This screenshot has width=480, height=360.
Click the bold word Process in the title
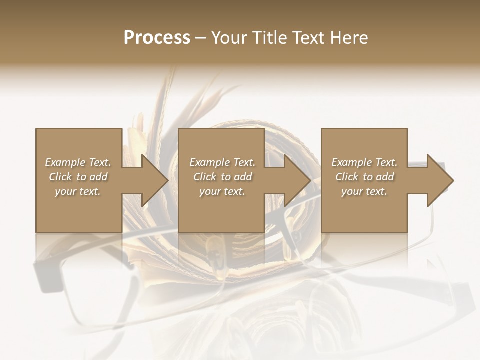coord(157,38)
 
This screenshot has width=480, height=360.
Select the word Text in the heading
coord(308,38)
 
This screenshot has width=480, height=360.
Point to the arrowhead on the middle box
coord(297,180)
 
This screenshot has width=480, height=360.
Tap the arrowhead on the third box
coord(439,180)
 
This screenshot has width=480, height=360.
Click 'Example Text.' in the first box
coord(78,162)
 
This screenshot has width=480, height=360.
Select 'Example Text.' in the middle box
coord(222,162)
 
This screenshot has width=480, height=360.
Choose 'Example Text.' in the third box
coord(364,162)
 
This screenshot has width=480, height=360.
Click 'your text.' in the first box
coord(78,191)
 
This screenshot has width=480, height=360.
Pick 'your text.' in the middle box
coord(222,191)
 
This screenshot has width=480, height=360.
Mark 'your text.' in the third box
coord(364,191)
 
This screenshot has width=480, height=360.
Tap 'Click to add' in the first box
coord(78,177)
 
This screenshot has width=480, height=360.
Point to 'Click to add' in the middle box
coord(223,177)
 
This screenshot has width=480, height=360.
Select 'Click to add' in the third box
coord(365,177)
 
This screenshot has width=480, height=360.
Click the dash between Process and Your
coord(201,38)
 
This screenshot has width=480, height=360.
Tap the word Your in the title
coord(228,38)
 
